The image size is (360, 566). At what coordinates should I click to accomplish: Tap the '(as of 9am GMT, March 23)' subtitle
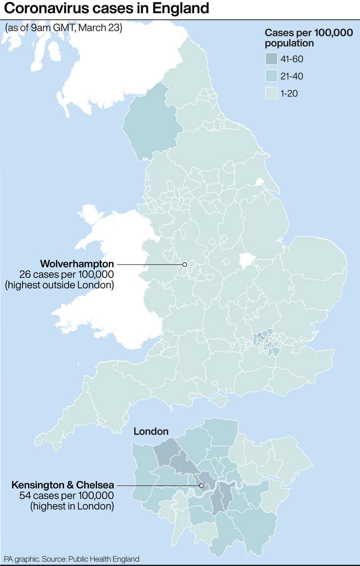pos(64,27)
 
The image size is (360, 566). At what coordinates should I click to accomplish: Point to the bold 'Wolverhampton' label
pos(77,264)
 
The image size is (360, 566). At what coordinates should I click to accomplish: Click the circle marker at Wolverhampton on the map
pos(184,264)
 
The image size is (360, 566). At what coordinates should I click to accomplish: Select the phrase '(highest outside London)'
pos(60,285)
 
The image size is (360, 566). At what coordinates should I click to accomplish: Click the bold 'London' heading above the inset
pos(151,431)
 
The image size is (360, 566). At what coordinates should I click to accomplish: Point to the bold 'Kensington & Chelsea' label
pos(62,485)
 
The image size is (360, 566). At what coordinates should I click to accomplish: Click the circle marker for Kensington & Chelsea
pos(202,486)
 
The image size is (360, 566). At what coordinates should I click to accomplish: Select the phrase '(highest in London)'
pos(72,506)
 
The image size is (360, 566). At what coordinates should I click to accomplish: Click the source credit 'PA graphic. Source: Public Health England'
pos(72,558)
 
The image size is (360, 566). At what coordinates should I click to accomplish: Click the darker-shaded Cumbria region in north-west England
pos(150,122)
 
